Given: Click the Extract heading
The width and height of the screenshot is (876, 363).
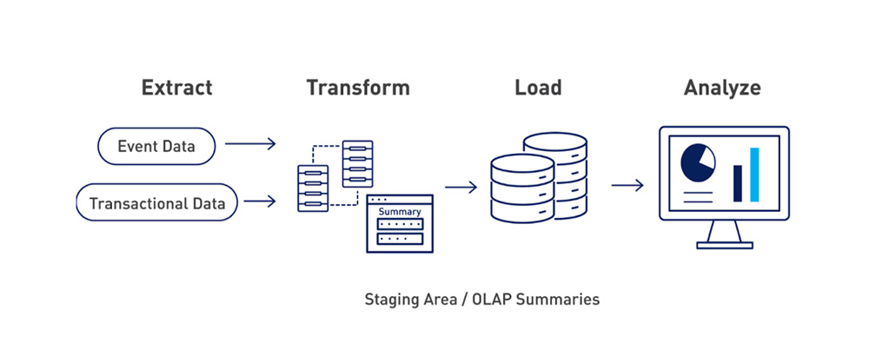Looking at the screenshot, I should [x=177, y=88].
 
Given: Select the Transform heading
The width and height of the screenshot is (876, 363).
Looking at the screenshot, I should [x=357, y=88].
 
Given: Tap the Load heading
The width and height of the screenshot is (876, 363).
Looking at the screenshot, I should [x=538, y=88].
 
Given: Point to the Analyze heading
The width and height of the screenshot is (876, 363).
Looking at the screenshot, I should [x=722, y=88].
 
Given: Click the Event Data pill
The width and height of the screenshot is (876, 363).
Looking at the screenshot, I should [x=156, y=147].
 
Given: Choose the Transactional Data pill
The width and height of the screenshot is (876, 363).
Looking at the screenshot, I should [x=156, y=204].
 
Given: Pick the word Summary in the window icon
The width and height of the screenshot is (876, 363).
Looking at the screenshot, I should [x=400, y=211].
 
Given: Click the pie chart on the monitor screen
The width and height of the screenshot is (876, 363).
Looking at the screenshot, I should [x=697, y=162].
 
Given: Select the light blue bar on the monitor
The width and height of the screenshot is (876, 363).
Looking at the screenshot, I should [x=754, y=174].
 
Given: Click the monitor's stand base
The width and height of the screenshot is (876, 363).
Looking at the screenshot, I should [x=723, y=242].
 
